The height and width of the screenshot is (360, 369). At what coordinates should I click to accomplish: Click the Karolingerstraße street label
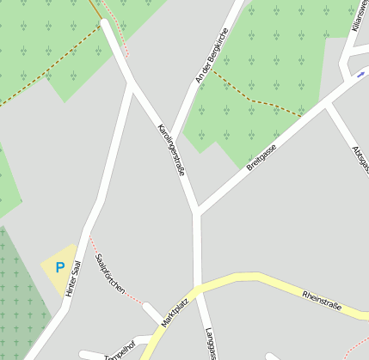170,149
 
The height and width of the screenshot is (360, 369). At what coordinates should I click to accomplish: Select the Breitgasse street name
261,157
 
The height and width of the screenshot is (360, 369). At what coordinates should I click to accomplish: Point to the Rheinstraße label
322,302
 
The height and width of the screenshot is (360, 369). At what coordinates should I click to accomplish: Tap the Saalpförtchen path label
110,274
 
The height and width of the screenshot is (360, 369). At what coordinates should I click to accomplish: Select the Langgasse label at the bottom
211,344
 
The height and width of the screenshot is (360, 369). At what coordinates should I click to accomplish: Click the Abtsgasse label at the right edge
360,158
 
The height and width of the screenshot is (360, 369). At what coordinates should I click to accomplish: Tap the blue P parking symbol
59,267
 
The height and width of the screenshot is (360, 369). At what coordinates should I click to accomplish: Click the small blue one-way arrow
360,75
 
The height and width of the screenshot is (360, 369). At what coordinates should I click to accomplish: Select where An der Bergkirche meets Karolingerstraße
169,142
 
